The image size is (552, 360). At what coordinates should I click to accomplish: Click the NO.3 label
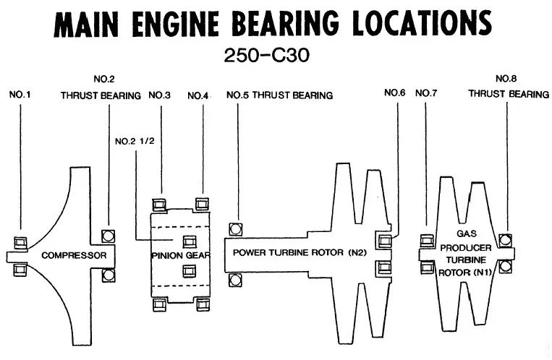tap(159, 95)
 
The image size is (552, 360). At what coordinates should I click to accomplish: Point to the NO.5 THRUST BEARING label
tap(279, 95)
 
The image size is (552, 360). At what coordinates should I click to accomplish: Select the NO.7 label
tap(428, 93)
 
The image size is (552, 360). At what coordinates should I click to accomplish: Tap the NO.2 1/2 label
tap(133, 140)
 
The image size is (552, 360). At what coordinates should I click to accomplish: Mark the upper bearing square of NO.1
tap(20, 242)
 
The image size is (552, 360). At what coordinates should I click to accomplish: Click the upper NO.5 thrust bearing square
tap(234, 229)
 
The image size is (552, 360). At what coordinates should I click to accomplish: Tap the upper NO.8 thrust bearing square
tap(505, 240)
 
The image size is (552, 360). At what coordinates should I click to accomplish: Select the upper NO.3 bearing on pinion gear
tap(160, 205)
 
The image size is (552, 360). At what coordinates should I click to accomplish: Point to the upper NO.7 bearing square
tap(427, 241)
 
